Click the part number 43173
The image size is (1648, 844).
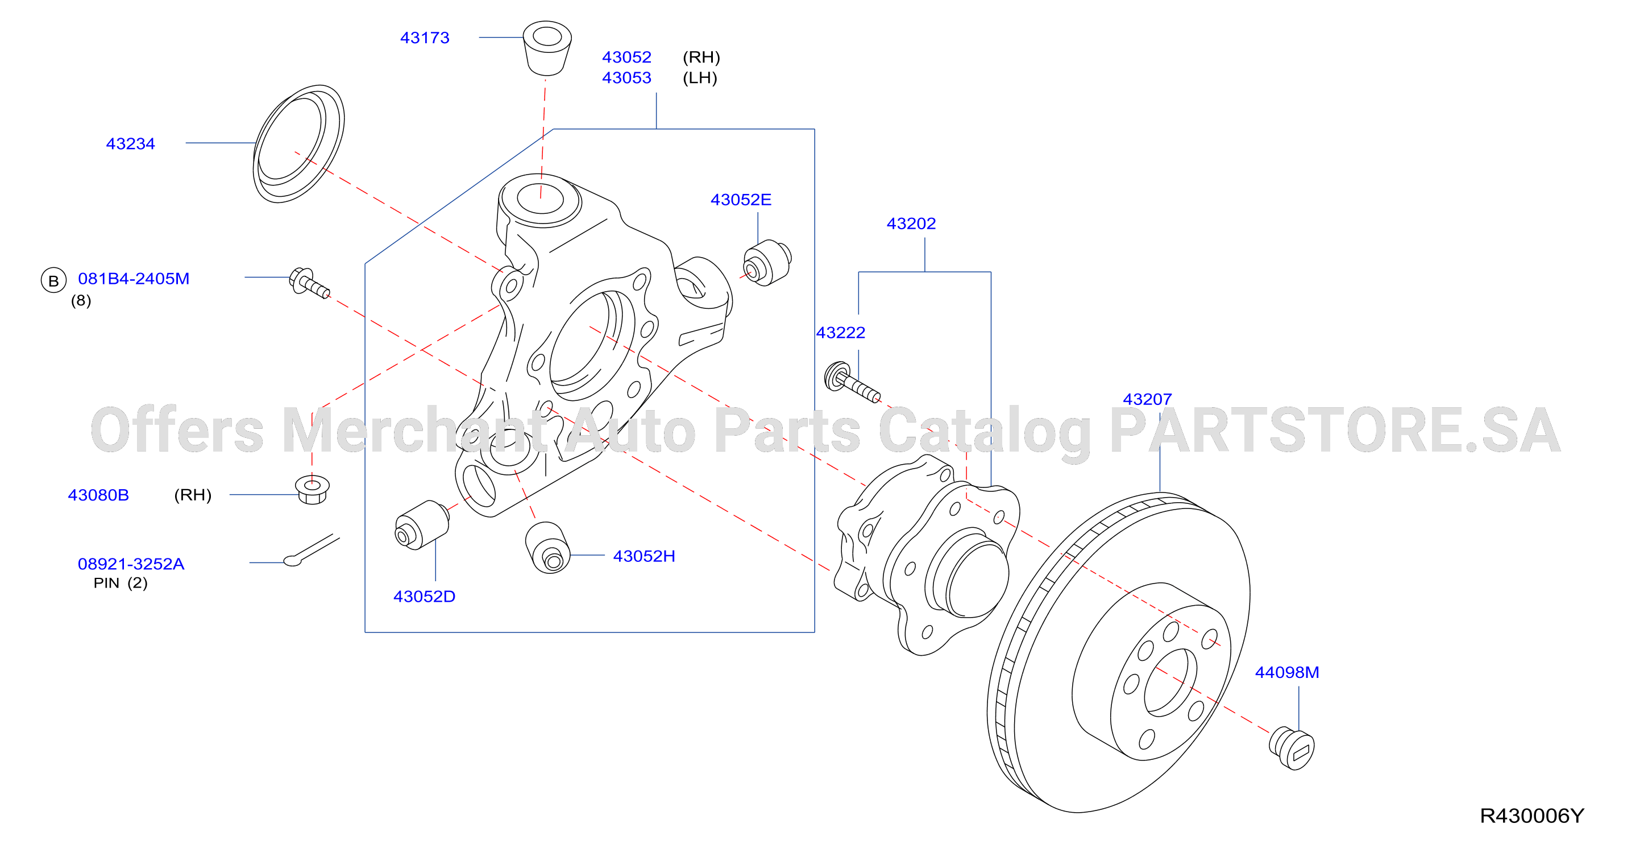pos(424,38)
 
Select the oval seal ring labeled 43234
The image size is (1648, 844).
pos(299,143)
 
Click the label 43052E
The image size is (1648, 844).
pos(741,200)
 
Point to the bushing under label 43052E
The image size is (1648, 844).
pos(767,263)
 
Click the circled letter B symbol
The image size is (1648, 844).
pos(54,280)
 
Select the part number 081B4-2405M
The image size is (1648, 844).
pos(134,279)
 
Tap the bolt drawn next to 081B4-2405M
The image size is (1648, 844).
pos(310,282)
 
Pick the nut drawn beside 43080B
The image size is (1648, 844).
pos(312,490)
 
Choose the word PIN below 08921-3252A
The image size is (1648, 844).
pos(106,583)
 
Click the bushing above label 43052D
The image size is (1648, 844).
pos(422,525)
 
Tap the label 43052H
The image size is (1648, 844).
pos(644,556)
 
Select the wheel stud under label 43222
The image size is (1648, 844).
pos(852,383)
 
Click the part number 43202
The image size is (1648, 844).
pos(911,224)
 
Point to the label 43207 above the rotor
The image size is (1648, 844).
pos(1147,399)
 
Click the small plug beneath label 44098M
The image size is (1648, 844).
pos(1292,748)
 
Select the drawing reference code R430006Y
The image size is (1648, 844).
pos(1531,816)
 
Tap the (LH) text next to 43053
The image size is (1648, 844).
pos(700,78)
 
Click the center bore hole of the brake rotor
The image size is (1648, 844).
pos(1170,682)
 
